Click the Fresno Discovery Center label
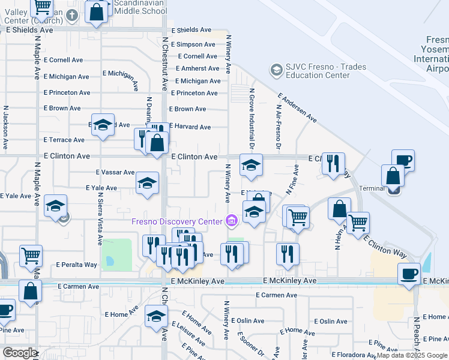(x=177, y=221)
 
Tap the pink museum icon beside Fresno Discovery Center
(x=231, y=222)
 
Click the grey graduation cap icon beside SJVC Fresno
(x=277, y=70)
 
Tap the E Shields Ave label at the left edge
(x=29, y=29)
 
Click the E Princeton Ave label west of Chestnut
(x=67, y=92)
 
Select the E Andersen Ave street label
(x=297, y=107)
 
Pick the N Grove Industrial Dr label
(x=252, y=119)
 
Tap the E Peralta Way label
(x=77, y=264)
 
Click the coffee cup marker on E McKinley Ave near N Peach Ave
(x=409, y=274)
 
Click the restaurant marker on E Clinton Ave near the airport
(x=333, y=162)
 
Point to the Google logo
(x=20, y=353)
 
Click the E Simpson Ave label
(x=193, y=44)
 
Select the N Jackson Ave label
(x=5, y=128)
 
